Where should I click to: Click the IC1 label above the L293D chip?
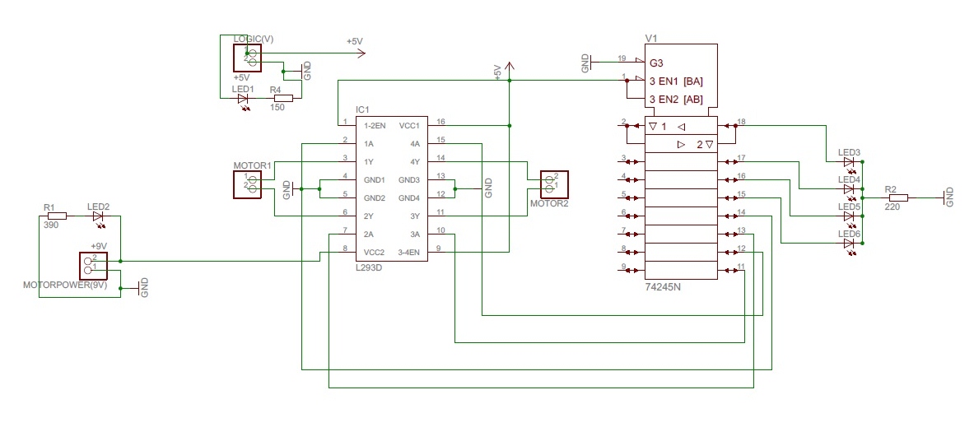(x=362, y=109)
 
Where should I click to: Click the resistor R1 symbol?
(x=56, y=217)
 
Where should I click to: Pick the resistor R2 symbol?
(x=897, y=198)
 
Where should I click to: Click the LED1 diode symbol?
(x=243, y=99)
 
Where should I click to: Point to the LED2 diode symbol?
(x=99, y=217)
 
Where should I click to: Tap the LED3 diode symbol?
(x=849, y=162)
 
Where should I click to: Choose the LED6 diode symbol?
(x=849, y=244)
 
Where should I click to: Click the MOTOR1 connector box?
(x=248, y=184)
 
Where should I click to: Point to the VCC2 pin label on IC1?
(x=375, y=252)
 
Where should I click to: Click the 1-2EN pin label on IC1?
(x=375, y=126)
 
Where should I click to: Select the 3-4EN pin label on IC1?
(x=409, y=252)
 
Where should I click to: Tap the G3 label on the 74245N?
(x=656, y=63)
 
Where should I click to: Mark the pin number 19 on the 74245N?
(x=622, y=58)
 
